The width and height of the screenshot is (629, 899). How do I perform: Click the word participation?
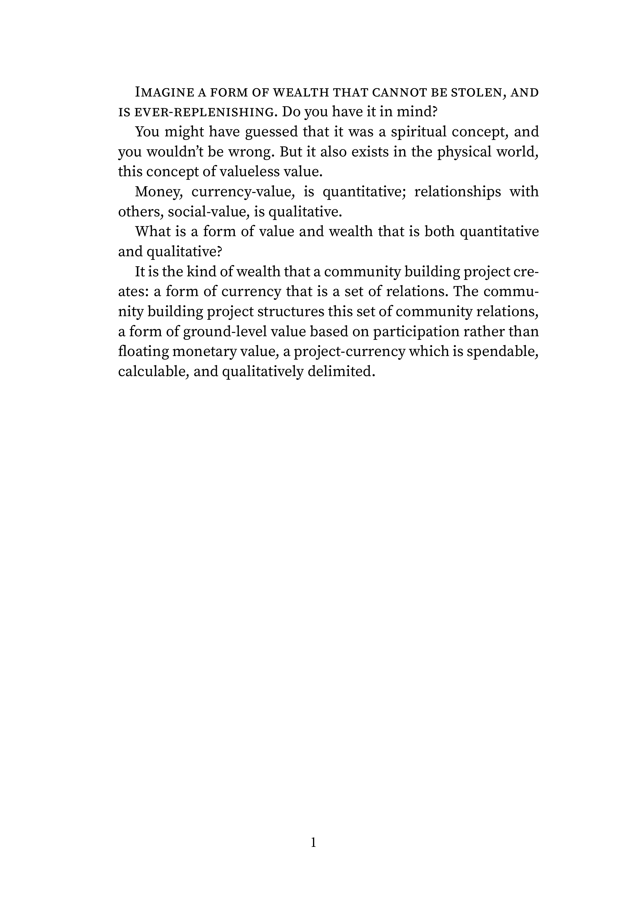click(x=416, y=332)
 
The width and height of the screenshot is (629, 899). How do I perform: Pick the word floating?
click(x=143, y=352)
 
